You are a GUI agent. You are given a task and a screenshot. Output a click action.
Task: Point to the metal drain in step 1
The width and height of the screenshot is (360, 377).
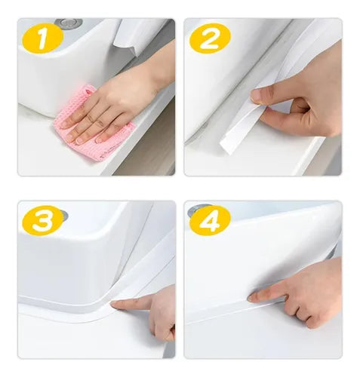tap(70, 23)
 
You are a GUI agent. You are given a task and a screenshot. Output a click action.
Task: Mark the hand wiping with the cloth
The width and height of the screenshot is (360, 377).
tap(113, 102)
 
